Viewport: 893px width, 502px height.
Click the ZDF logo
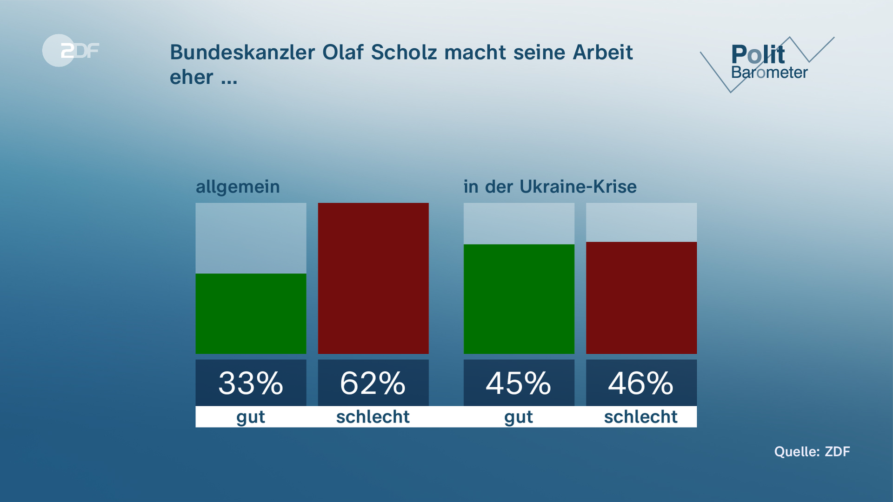pyautogui.click(x=71, y=50)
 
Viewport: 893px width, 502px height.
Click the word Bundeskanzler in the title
pyautogui.click(x=242, y=53)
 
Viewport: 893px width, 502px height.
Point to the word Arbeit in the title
pyautogui.click(x=602, y=53)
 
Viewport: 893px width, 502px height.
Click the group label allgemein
pyautogui.click(x=238, y=187)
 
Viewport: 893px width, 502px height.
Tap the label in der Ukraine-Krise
pyautogui.click(x=550, y=187)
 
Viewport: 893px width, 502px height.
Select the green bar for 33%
pyautogui.click(x=251, y=314)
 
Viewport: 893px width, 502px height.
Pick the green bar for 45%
pyautogui.click(x=519, y=299)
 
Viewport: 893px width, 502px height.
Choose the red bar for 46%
pyautogui.click(x=641, y=297)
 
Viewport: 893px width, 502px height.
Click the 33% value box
pyautogui.click(x=251, y=383)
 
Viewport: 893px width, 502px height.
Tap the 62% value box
pyautogui.click(x=373, y=383)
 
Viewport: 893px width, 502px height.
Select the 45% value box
pyautogui.click(x=519, y=383)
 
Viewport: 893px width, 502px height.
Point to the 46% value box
pyautogui.click(x=641, y=383)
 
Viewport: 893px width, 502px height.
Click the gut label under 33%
pyautogui.click(x=251, y=417)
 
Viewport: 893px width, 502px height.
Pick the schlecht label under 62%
pyautogui.click(x=373, y=417)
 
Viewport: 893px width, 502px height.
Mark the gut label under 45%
pyautogui.click(x=519, y=417)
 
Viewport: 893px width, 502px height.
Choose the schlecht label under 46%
pyautogui.click(x=641, y=417)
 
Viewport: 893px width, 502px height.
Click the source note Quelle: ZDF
pyautogui.click(x=812, y=451)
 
